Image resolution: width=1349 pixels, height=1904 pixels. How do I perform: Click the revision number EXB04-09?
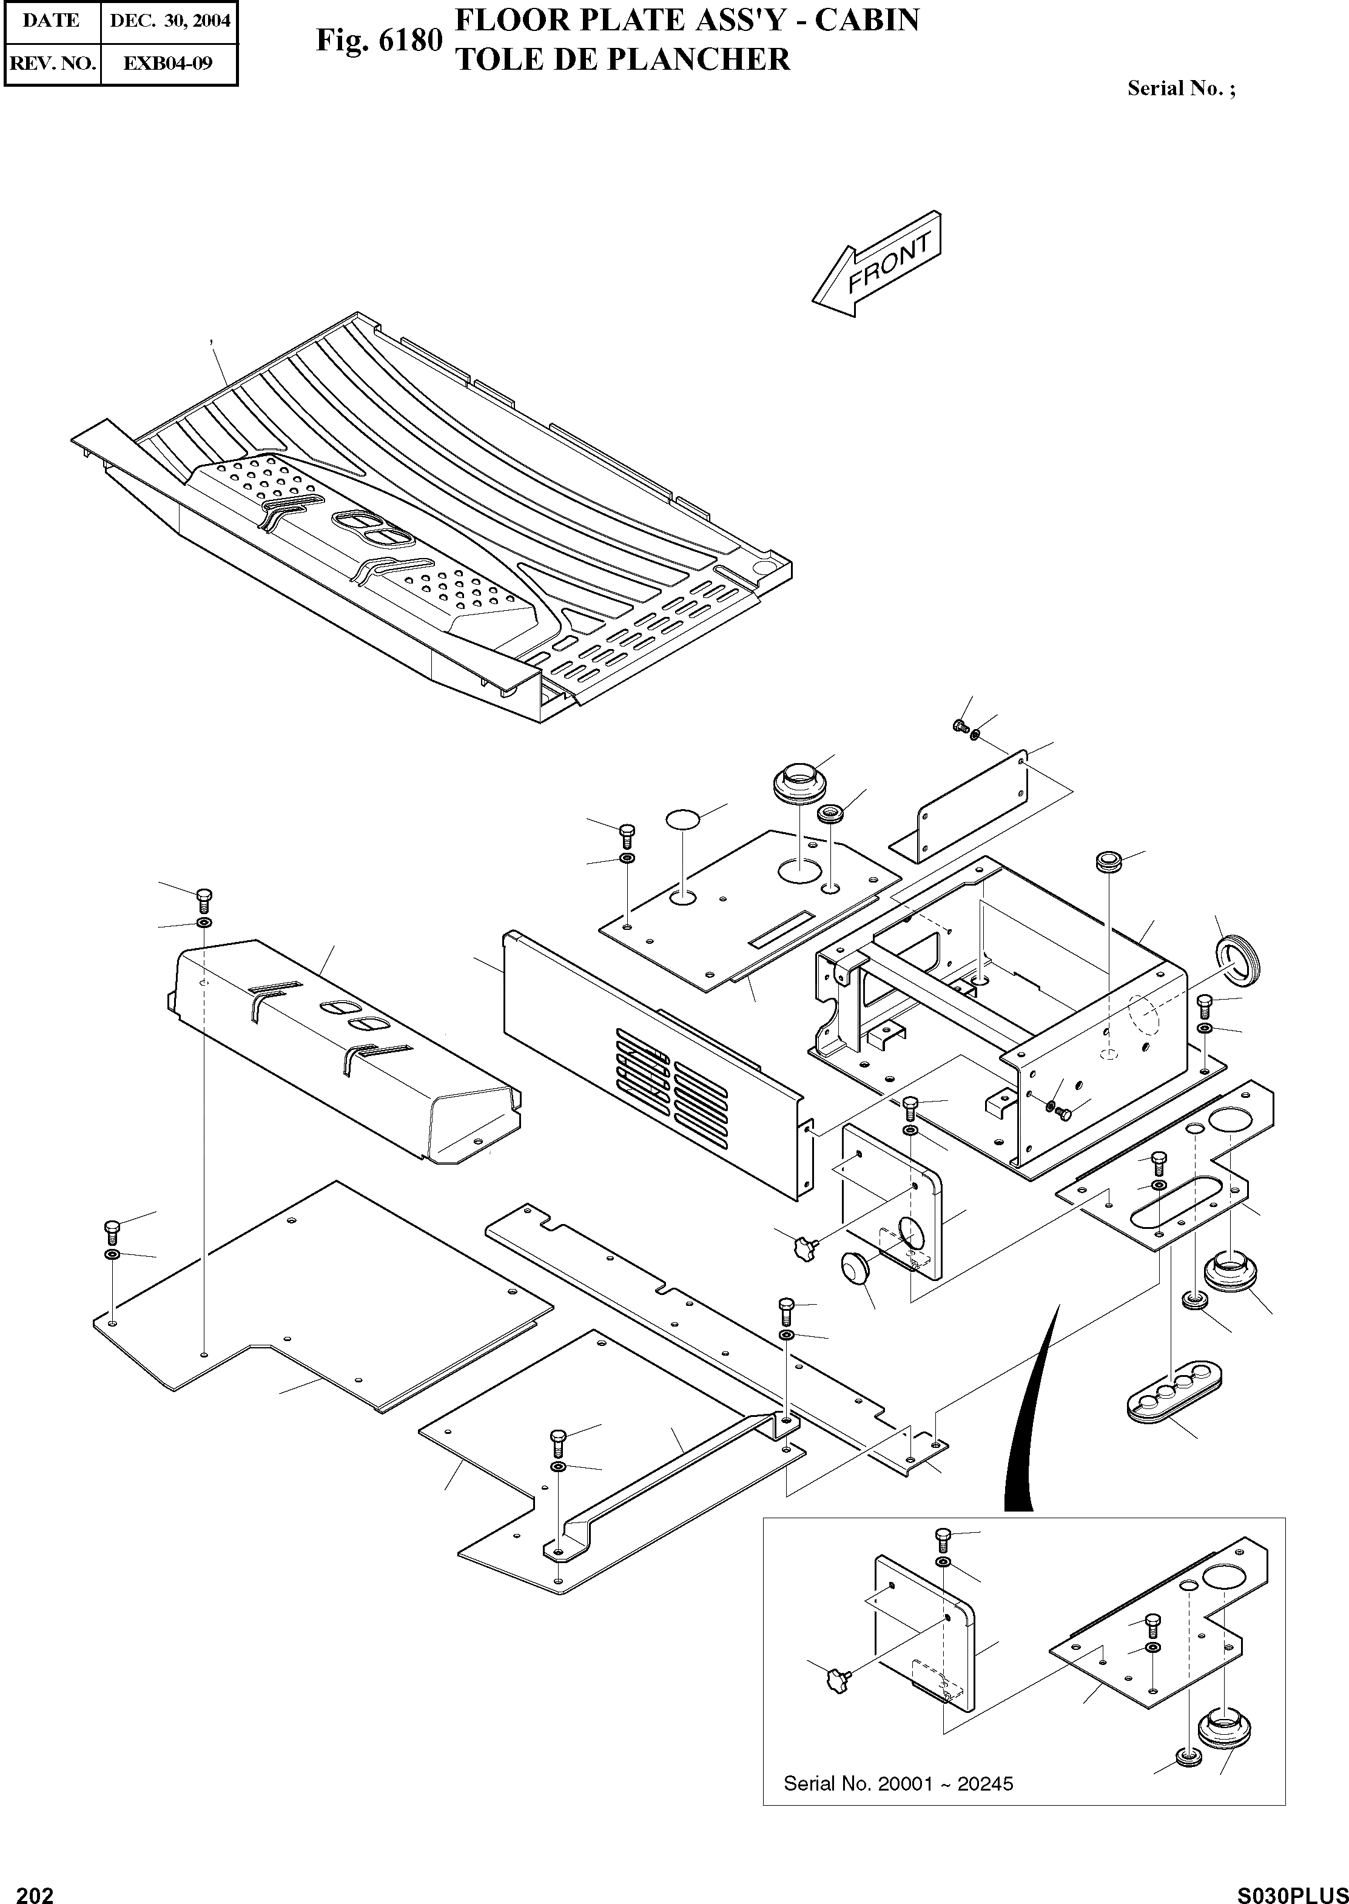pyautogui.click(x=168, y=62)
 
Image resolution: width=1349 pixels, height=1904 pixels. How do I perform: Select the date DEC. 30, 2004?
pyautogui.click(x=169, y=21)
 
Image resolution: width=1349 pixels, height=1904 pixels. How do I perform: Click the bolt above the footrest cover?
pyautogui.click(x=204, y=897)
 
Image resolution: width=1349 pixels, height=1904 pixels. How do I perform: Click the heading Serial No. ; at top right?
pyautogui.click(x=1180, y=89)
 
